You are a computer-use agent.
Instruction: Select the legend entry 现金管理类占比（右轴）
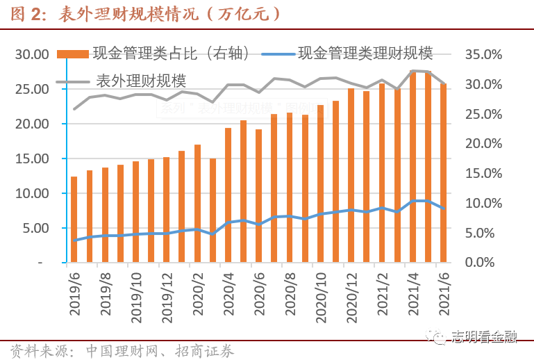coord(170,54)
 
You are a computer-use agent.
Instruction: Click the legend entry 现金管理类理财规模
coord(365,54)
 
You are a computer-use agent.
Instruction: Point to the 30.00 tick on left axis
coord(32,55)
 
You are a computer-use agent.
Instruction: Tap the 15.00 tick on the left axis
coord(32,158)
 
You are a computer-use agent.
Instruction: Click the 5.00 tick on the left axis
coord(35,228)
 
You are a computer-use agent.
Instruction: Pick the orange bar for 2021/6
coord(443,174)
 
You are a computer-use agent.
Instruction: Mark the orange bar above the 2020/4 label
coord(228,195)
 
